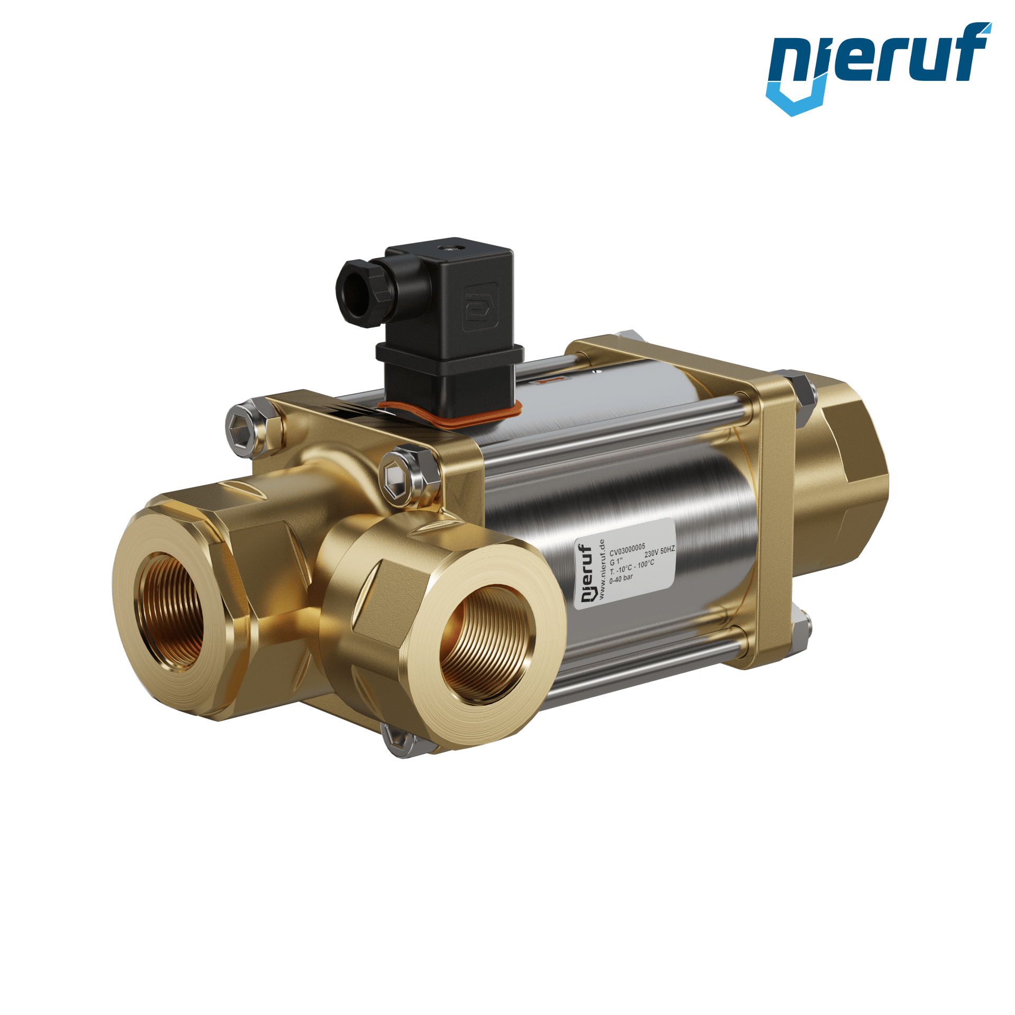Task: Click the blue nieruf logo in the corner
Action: click(x=879, y=68)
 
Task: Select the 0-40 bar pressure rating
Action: click(x=621, y=579)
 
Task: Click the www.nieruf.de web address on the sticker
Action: click(x=602, y=570)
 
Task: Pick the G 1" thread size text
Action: click(x=616, y=561)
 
